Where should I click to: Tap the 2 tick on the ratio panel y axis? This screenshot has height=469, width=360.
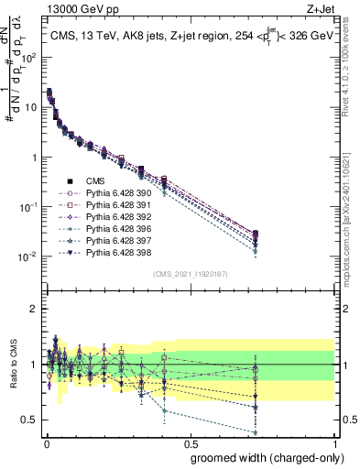pyautogui.click(x=34, y=309)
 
